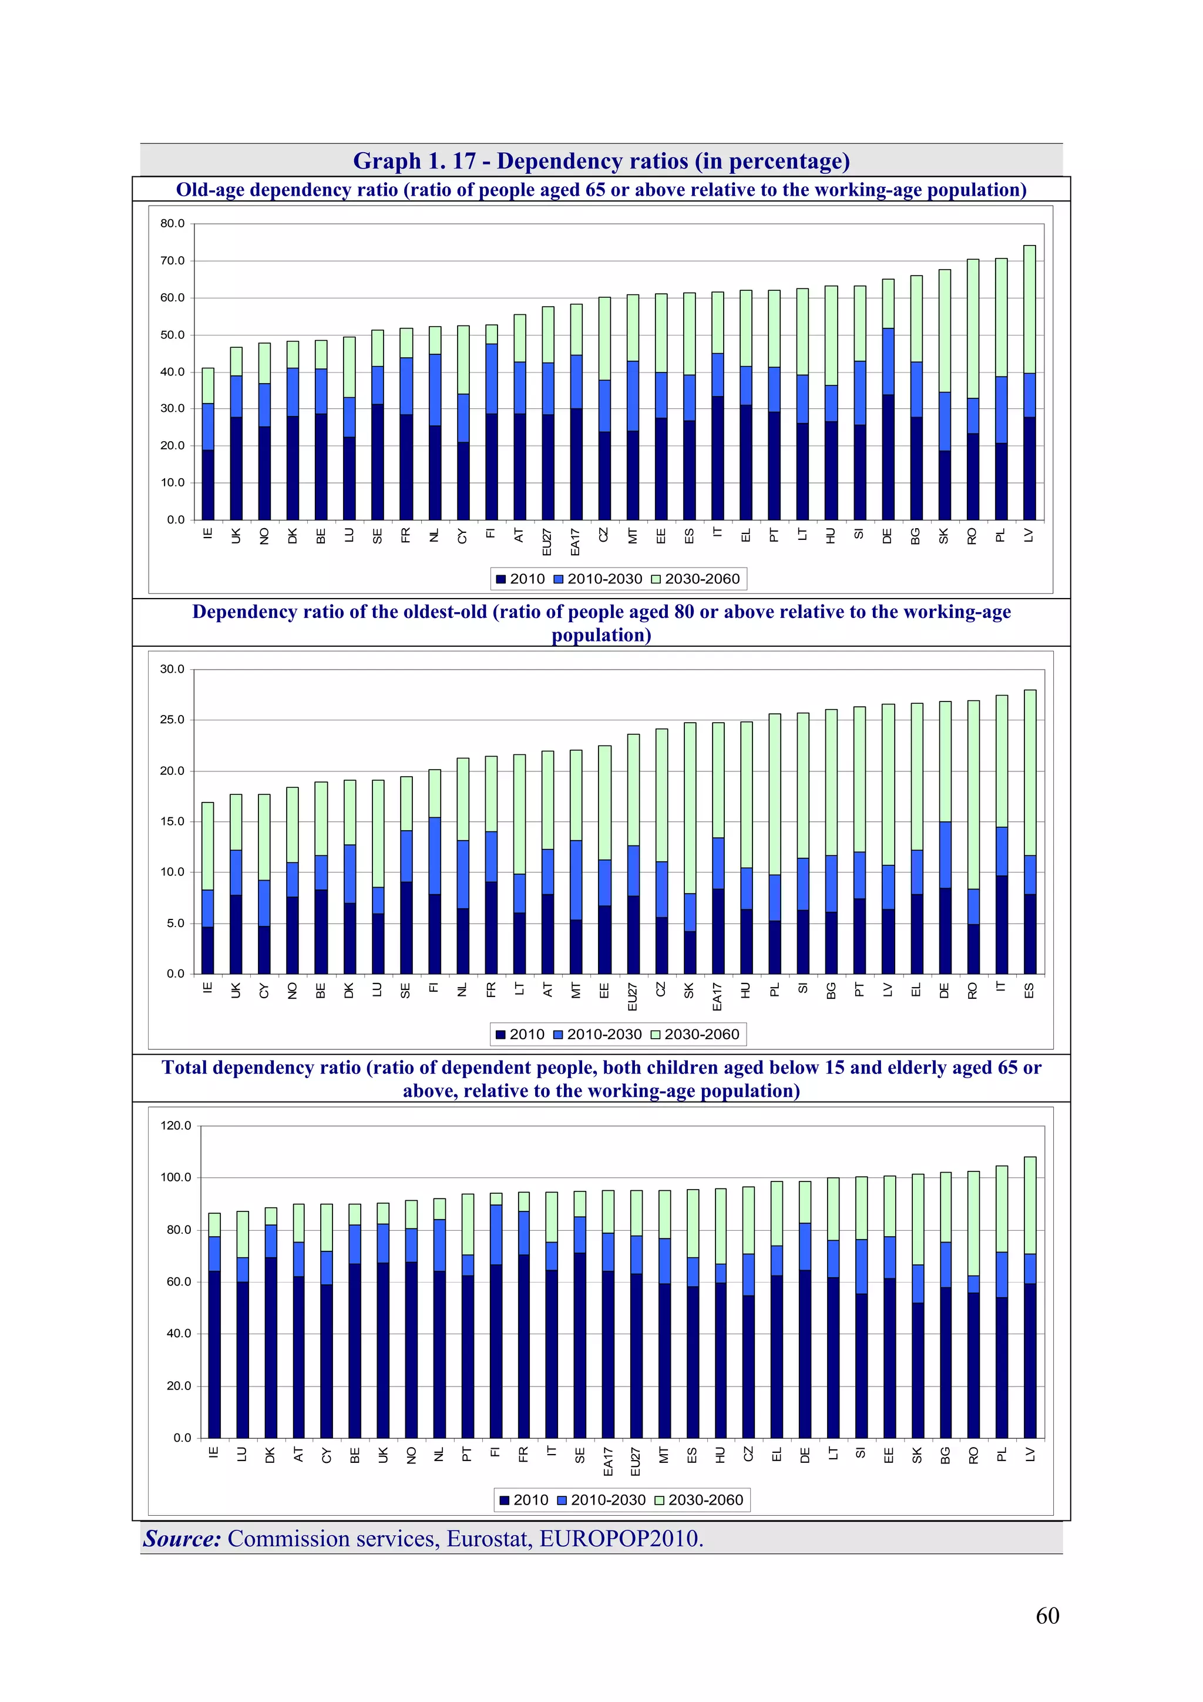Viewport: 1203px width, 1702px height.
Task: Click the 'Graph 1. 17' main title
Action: click(x=600, y=161)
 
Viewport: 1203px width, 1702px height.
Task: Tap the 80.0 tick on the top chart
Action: click(x=172, y=224)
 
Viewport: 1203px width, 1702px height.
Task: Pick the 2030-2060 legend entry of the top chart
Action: click(x=695, y=579)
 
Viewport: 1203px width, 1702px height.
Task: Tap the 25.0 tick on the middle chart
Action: click(x=172, y=720)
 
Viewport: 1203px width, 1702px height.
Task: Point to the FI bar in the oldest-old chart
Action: click(x=434, y=871)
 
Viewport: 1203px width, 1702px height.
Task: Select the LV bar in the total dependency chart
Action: click(x=1030, y=1297)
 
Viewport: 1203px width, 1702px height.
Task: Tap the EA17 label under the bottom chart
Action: click(x=608, y=1461)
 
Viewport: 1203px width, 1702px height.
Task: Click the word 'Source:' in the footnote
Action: click(x=182, y=1538)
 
